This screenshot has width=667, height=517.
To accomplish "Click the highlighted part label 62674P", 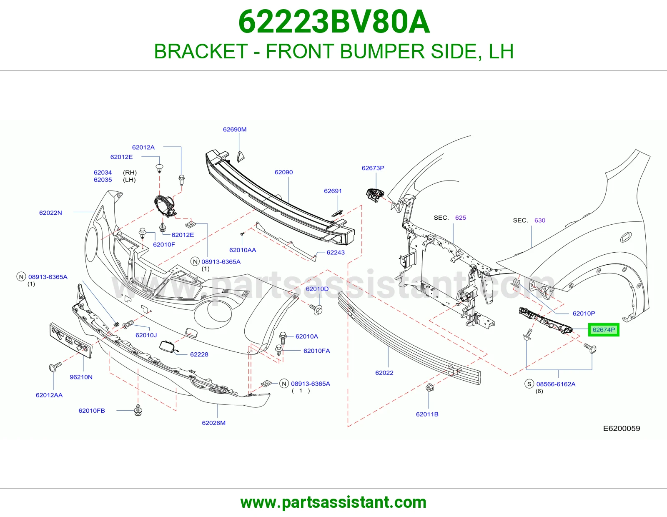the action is (604, 330).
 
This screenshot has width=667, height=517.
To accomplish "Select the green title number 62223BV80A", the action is (334, 22).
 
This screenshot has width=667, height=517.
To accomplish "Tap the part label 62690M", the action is (235, 129).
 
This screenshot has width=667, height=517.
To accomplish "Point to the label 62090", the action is (283, 172).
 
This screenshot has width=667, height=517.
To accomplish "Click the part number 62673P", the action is (373, 168).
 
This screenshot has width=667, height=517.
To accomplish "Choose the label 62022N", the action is (50, 213).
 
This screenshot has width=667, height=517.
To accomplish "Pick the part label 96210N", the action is (81, 377).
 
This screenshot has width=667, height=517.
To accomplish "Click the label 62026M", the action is (213, 423).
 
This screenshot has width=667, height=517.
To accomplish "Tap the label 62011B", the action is (427, 414).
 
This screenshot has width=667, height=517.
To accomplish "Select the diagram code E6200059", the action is (622, 428).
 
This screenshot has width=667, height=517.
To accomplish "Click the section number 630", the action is (539, 220).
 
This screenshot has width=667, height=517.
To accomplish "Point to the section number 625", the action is (460, 218).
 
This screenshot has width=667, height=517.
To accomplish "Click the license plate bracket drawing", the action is (70, 340).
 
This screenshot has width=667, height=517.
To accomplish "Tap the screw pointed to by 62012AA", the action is (55, 366).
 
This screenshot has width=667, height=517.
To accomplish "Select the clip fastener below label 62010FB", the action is (138, 410).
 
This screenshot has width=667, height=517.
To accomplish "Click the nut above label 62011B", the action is (429, 387).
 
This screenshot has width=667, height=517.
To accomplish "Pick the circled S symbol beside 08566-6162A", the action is (529, 384).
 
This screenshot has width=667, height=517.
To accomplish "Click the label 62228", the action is (199, 354).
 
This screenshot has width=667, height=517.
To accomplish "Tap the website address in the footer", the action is (333, 502).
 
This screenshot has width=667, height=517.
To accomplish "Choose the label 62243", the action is (336, 252).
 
